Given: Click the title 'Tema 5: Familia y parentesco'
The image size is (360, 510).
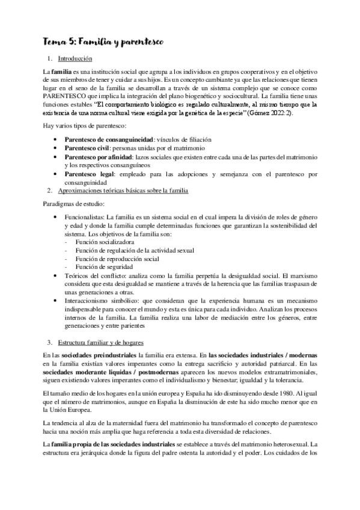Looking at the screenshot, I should click(x=100, y=41).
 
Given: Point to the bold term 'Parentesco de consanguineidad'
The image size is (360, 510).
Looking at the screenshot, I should click(x=107, y=140).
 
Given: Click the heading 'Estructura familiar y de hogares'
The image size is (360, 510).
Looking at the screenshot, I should click(x=102, y=342).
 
